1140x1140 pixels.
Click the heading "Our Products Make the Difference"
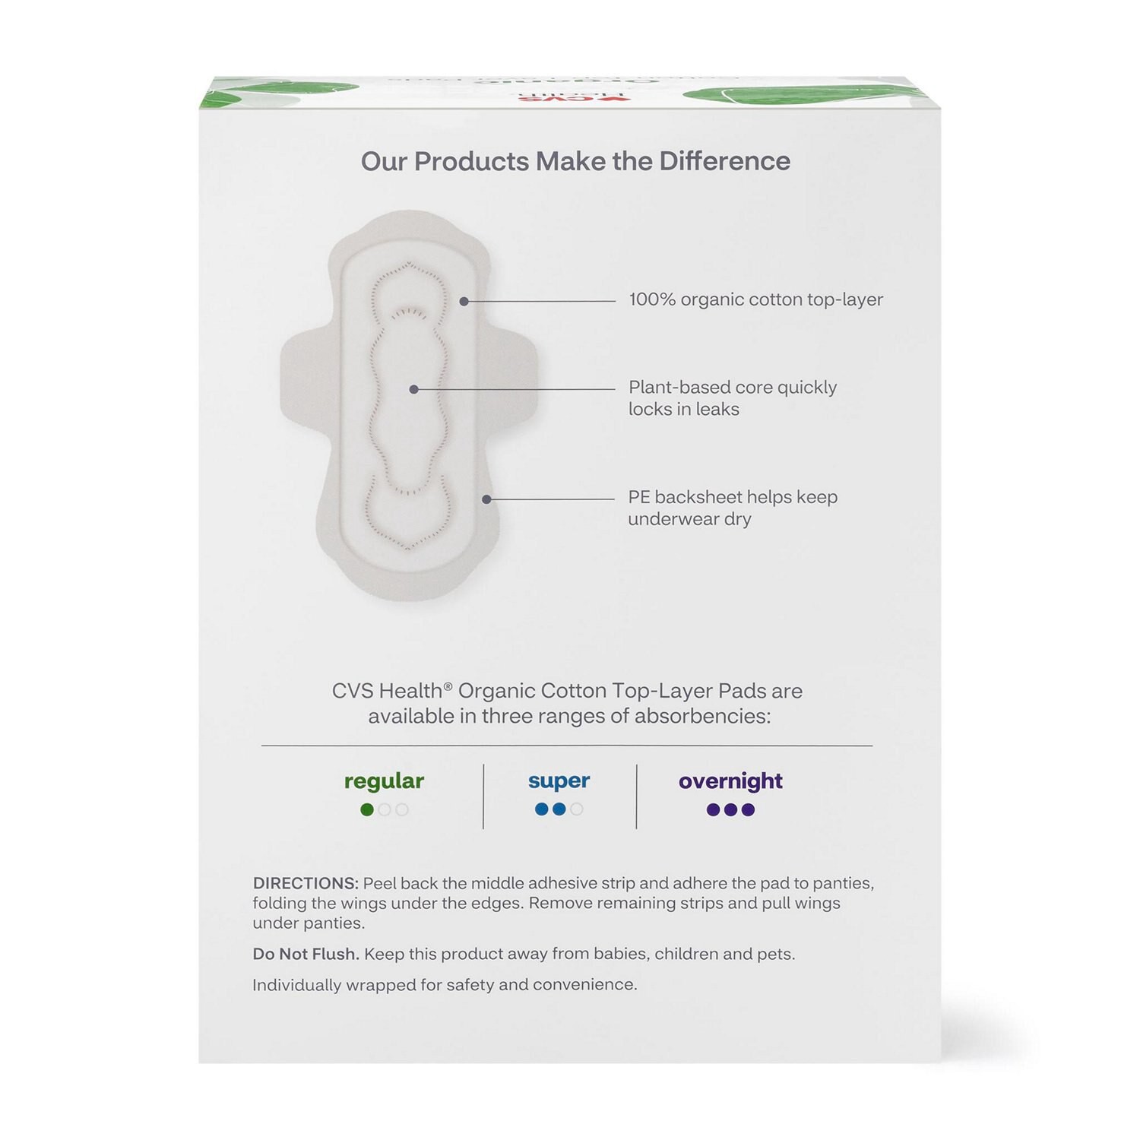pos(575,161)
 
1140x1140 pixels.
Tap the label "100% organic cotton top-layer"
pos(755,299)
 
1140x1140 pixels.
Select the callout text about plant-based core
pos(732,398)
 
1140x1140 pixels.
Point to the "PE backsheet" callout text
pos(732,508)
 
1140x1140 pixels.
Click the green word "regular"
pos(384,781)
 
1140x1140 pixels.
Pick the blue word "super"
pos(559,781)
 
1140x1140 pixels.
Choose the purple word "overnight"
pos(730,781)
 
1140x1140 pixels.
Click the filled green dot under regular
pos(367,810)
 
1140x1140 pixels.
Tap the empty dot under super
pos(577,809)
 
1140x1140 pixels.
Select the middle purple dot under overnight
pos(730,810)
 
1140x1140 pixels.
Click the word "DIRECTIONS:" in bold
pos(306,884)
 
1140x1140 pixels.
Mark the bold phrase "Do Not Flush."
pos(306,954)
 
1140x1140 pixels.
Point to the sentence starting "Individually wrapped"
pos(445,985)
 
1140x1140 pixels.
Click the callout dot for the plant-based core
pos(414,389)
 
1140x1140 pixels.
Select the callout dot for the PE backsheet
pos(486,499)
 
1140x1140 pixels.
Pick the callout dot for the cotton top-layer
pos(464,302)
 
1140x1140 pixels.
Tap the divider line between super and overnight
pos(636,796)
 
